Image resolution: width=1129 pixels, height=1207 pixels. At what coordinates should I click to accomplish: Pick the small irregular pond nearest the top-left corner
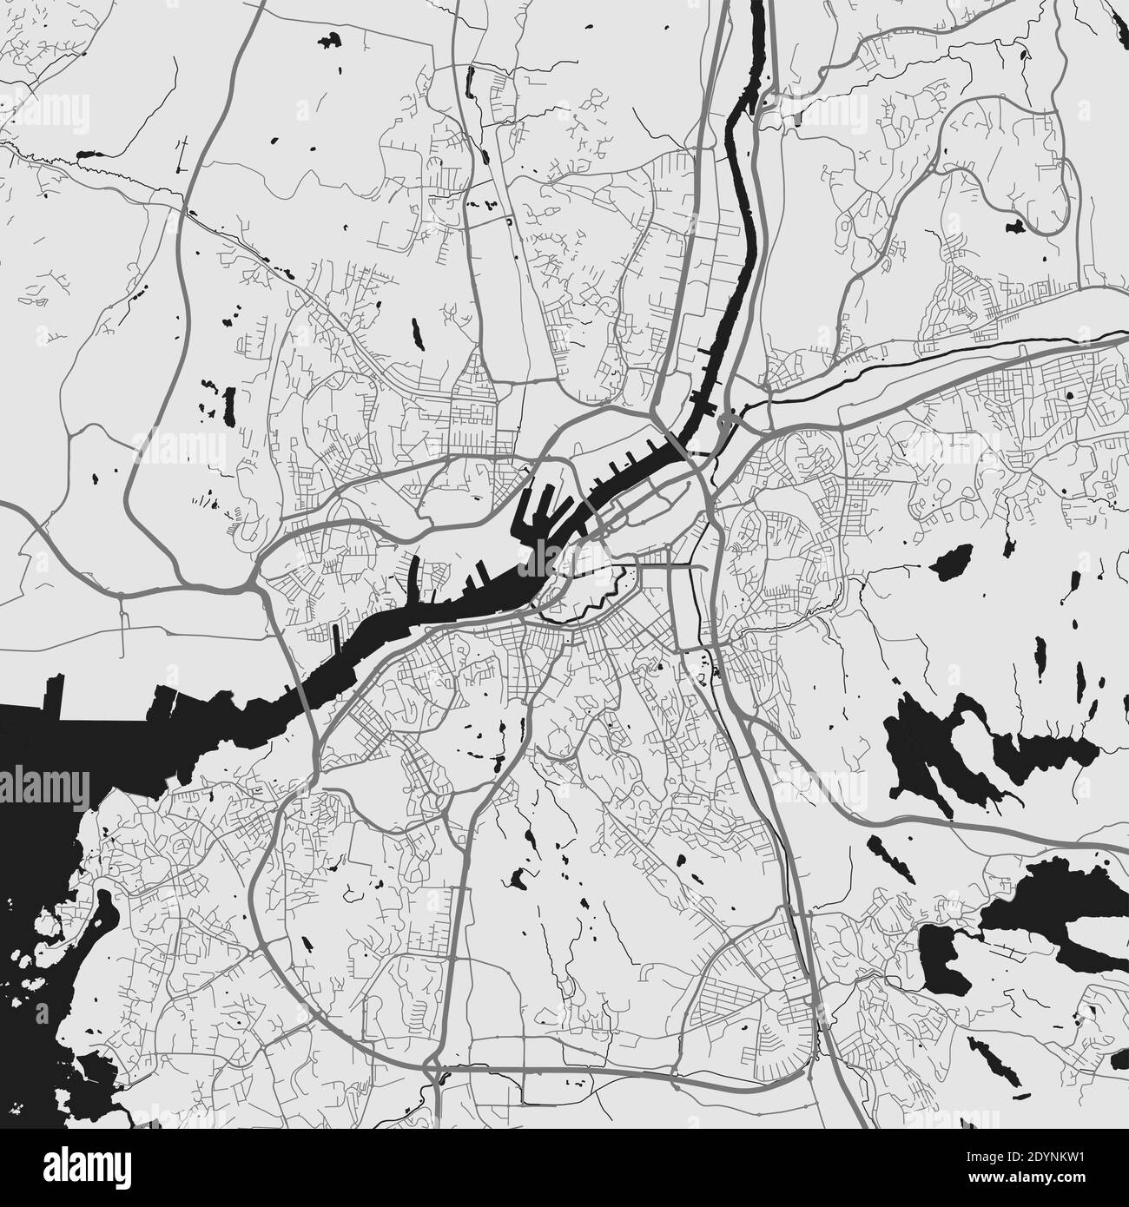(x=331, y=39)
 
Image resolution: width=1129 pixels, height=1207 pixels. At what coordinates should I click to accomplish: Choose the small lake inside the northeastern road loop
(x=1013, y=228)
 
